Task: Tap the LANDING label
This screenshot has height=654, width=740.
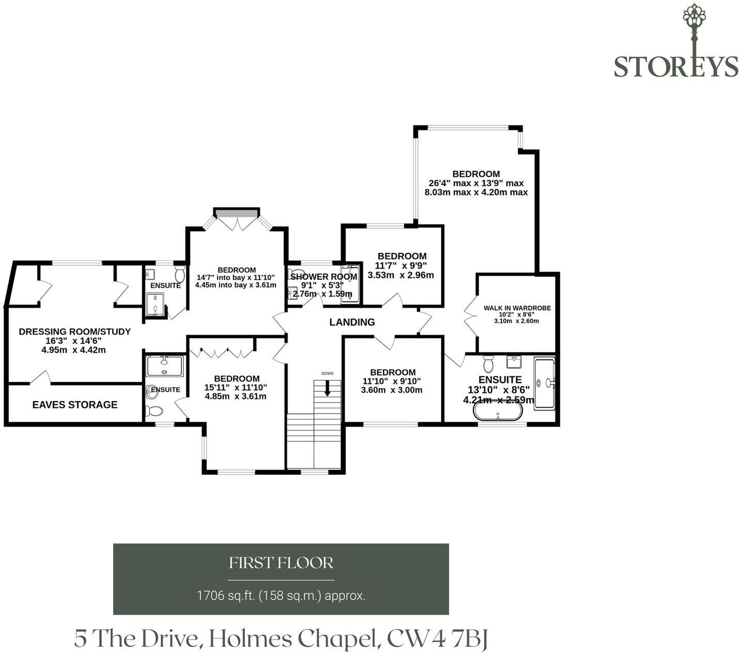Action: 352,322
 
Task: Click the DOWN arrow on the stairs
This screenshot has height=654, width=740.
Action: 327,388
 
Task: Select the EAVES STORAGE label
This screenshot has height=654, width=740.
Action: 75,404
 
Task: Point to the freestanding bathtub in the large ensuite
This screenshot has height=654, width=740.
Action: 498,412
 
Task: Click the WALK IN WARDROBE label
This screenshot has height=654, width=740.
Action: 517,308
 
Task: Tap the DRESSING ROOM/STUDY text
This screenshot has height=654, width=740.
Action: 74,331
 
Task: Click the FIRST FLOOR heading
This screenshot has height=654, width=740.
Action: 281,562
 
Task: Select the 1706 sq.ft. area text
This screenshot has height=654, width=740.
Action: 281,596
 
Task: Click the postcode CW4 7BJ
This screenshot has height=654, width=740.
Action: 437,638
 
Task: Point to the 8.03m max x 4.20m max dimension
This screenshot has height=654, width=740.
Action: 476,192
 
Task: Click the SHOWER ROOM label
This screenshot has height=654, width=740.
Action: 323,277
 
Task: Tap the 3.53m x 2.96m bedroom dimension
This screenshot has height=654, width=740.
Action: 400,275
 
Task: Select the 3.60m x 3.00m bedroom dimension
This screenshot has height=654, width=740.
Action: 392,390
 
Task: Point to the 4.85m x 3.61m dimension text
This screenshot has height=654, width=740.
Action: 235,397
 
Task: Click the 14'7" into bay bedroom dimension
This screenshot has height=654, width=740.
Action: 236,277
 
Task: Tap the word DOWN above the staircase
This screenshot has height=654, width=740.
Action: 327,373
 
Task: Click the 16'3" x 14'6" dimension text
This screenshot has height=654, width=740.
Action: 73,341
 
